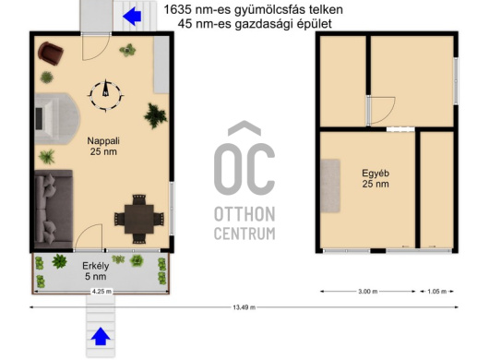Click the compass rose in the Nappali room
(x=106, y=95)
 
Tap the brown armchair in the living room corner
(x=51, y=54)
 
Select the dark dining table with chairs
(x=139, y=219)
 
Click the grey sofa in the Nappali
(x=54, y=210)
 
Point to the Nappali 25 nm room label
(x=103, y=146)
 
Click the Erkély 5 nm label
(x=95, y=271)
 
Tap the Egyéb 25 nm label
(x=376, y=178)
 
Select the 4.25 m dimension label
(x=101, y=292)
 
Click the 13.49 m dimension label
(x=244, y=307)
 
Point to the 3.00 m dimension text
(x=368, y=292)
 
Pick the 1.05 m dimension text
(x=436, y=292)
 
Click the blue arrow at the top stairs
(x=132, y=16)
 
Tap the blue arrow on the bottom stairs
(x=101, y=336)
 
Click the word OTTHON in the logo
(x=244, y=214)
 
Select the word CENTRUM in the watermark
(x=244, y=234)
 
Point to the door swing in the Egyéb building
(x=381, y=111)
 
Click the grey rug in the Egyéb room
(x=330, y=186)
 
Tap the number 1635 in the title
(x=177, y=9)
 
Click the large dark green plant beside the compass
(x=155, y=115)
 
